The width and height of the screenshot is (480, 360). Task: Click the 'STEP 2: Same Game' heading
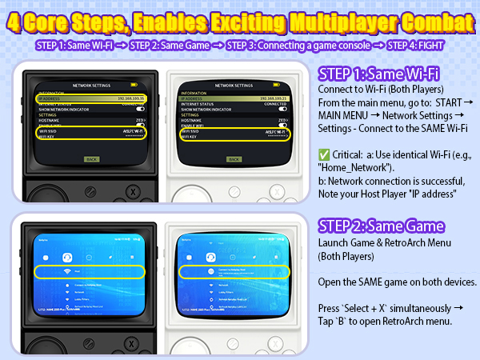tap(382, 227)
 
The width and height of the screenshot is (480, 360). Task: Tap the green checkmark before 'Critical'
tap(324, 153)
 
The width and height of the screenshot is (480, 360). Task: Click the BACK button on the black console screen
tap(92, 159)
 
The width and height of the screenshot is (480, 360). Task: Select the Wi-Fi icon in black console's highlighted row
tap(65, 272)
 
